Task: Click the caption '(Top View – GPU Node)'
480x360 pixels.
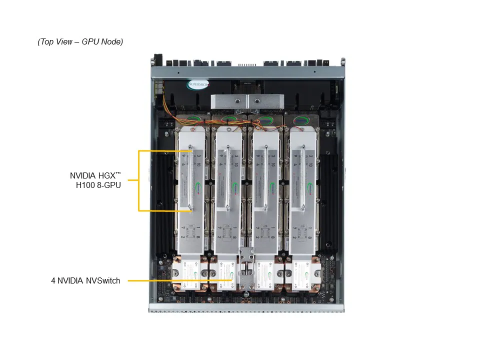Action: point(80,42)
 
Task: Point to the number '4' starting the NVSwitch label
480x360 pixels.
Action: point(53,281)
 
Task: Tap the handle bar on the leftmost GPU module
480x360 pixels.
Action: point(190,177)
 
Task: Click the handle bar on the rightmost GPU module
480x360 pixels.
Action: point(303,177)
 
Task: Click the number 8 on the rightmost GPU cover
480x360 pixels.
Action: point(311,237)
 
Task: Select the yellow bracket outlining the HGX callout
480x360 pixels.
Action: point(139,180)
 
